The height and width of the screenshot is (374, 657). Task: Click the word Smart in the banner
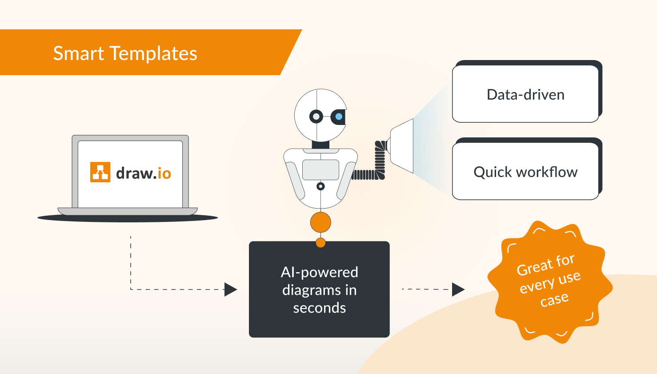coord(78,53)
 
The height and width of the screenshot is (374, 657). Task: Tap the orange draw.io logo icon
coord(100,172)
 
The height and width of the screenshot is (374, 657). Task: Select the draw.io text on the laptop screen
coord(143,173)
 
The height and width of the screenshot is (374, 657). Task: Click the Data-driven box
coord(525,94)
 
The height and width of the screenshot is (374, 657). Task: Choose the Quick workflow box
coord(525,172)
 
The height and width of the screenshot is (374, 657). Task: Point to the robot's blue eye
coord(339,117)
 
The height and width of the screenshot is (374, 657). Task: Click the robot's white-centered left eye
coord(316,117)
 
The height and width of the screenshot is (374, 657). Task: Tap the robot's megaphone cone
coord(402,145)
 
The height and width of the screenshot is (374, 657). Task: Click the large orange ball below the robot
coord(320,222)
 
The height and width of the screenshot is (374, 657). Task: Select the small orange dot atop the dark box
coord(320,243)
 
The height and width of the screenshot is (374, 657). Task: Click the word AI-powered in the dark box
coord(319,272)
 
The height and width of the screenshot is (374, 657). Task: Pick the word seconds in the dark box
coord(319,308)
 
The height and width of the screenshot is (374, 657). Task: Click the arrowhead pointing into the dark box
coord(230,290)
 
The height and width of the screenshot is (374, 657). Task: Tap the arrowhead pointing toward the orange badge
coord(458,289)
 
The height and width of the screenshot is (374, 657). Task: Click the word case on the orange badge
coord(554,299)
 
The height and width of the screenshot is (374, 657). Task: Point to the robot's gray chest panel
coord(320,169)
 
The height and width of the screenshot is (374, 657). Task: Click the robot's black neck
coord(320,145)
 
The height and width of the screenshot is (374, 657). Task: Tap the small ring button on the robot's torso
coord(320,186)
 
